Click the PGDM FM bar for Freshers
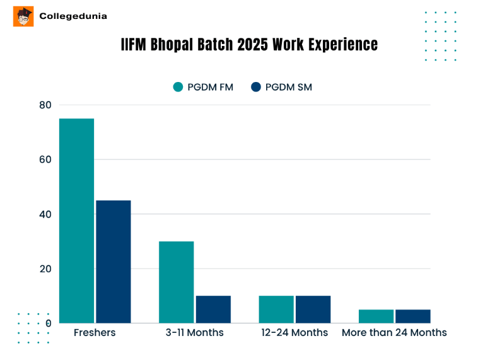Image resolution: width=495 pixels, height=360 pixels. (76, 221)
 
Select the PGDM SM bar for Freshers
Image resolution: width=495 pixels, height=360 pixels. (114, 262)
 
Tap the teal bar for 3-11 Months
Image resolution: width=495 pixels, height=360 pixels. (176, 282)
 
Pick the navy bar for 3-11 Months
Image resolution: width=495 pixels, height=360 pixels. (213, 309)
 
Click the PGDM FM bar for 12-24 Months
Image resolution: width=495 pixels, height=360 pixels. (276, 309)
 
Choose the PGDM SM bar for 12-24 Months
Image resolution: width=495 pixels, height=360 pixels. (313, 309)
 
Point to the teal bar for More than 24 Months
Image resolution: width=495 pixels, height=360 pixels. (376, 316)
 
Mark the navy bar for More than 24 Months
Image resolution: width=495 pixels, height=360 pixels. (412, 316)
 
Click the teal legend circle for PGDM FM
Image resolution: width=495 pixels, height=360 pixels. (178, 87)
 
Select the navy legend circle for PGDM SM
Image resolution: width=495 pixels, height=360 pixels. (256, 87)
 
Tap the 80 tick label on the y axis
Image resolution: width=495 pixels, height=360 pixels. (45, 105)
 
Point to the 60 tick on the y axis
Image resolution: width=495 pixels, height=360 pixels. (45, 160)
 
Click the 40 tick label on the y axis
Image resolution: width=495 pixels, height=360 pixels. (45, 214)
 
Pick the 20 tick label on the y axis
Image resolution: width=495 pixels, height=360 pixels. (45, 269)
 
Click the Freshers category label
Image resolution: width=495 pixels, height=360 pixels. (95, 332)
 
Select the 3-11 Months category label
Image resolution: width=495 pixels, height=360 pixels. (195, 332)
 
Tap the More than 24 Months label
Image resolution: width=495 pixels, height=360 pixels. (394, 332)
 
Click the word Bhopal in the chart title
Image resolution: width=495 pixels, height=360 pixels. (173, 45)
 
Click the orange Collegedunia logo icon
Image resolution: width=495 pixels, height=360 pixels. (23, 16)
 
